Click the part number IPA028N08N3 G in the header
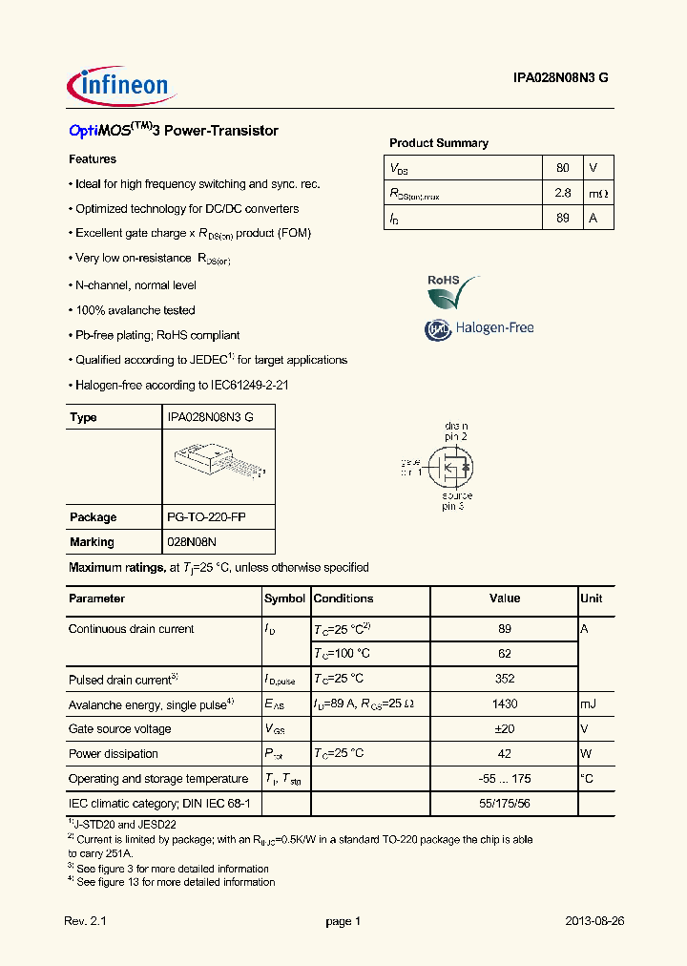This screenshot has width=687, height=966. click(x=553, y=80)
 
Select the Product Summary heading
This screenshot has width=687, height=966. click(x=438, y=143)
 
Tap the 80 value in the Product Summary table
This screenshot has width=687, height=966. click(x=562, y=168)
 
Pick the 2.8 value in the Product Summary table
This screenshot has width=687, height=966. click(x=562, y=193)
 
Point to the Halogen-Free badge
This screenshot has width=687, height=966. click(x=478, y=328)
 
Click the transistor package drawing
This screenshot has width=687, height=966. click(x=219, y=466)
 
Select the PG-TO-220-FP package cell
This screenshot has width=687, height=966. click(x=206, y=517)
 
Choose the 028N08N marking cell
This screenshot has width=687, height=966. click(x=194, y=542)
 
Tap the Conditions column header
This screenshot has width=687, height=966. click(x=343, y=598)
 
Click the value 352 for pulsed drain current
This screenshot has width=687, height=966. click(x=505, y=679)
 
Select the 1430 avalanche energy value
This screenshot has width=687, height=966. click(x=505, y=703)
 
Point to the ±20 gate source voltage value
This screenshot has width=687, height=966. click(x=505, y=728)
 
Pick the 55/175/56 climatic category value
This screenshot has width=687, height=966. click(x=505, y=804)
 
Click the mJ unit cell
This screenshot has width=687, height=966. click(x=588, y=703)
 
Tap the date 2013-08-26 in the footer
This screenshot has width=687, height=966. click(x=593, y=921)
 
